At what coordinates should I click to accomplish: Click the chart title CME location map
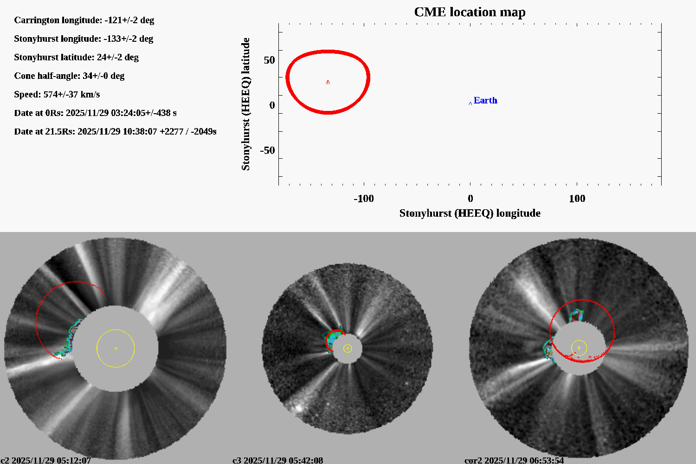[x=470, y=12]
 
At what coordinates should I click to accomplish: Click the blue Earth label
[x=485, y=100]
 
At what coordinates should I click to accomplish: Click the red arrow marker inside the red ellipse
[x=328, y=82]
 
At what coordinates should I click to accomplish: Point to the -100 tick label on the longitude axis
[x=363, y=199]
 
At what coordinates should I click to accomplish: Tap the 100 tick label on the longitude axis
[x=577, y=199]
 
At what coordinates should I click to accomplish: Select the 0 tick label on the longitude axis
[x=470, y=199]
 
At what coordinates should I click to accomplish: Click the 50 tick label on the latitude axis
[x=269, y=60]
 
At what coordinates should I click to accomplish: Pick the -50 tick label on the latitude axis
[x=267, y=150]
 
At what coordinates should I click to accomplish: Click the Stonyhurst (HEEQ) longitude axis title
[x=470, y=213]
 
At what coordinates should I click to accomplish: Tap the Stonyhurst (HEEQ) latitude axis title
[x=245, y=104]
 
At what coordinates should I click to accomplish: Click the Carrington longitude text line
[x=84, y=20]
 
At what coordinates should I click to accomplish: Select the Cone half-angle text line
[x=69, y=76]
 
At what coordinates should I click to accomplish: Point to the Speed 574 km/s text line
[x=57, y=94]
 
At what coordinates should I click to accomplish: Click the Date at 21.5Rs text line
[x=115, y=131]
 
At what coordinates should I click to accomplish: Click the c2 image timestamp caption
[x=46, y=460]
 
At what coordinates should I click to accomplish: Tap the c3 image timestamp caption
[x=277, y=460]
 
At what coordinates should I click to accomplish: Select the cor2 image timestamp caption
[x=514, y=460]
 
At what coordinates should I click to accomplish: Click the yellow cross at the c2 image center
[x=116, y=348]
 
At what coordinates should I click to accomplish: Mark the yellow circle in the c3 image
[x=348, y=348]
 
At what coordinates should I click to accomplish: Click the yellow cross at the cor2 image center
[x=579, y=348]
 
